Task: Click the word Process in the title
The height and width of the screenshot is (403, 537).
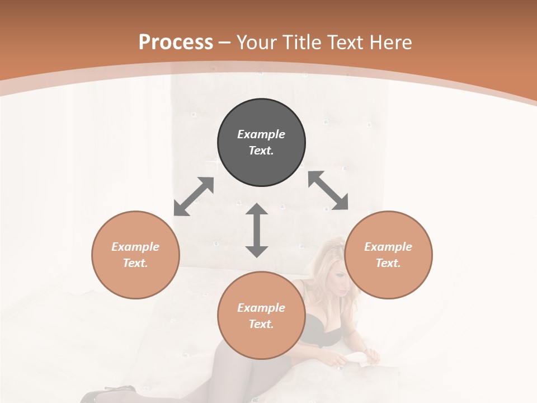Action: pos(176,43)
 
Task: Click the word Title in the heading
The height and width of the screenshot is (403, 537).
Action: pos(302,43)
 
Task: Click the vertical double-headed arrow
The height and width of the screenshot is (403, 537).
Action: pos(257,230)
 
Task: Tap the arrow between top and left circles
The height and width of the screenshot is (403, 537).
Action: pos(194,196)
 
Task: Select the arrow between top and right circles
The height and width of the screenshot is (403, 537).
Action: pos(328,190)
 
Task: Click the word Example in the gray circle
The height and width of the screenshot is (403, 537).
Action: pos(261,134)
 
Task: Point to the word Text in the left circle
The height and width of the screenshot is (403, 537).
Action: pos(135,263)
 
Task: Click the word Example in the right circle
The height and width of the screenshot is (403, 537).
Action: pos(388,247)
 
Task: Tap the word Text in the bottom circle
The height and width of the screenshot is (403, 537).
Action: pos(261,324)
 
